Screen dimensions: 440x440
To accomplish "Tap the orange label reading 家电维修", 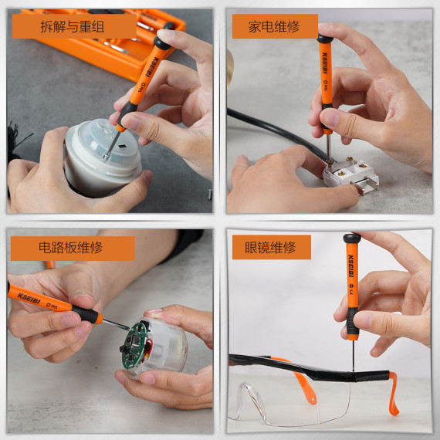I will click(274, 25).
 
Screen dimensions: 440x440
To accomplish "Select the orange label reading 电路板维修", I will click(72, 248).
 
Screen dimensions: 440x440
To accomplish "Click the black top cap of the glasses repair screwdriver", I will click(351, 239).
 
